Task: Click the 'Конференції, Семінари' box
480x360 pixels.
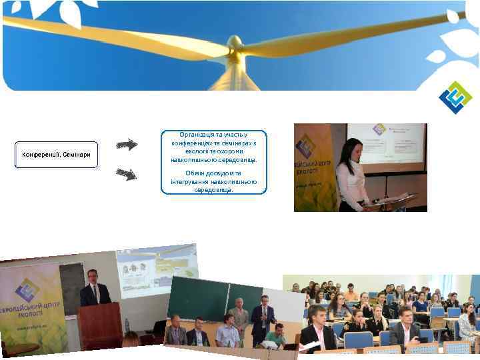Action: coord(56,155)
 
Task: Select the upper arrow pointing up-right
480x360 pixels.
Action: coord(126,145)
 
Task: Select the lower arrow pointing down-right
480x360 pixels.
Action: coord(126,174)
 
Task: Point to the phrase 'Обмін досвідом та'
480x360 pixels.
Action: coord(213,173)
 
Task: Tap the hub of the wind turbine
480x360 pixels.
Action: coord(235,45)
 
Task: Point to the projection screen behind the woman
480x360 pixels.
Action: coord(387,148)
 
